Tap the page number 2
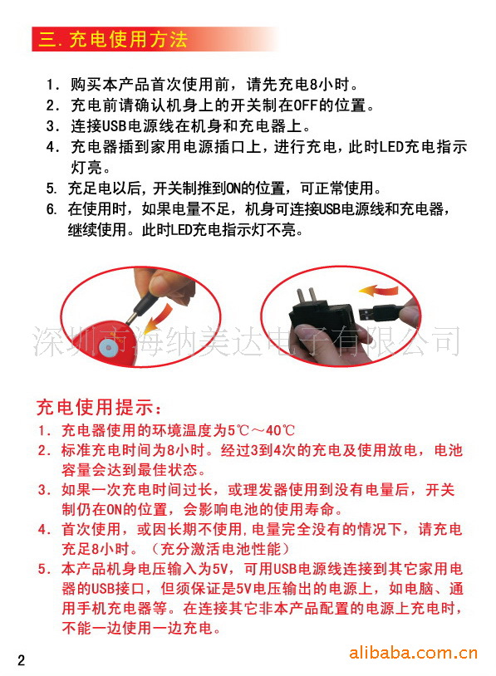tap(21, 660)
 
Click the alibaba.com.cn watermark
tap(413, 653)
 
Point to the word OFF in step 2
tap(306, 105)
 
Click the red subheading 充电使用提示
tap(99, 407)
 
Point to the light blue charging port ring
tap(107, 346)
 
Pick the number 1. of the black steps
tap(52, 85)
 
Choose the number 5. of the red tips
tap(44, 569)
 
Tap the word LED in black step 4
tap(391, 147)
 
